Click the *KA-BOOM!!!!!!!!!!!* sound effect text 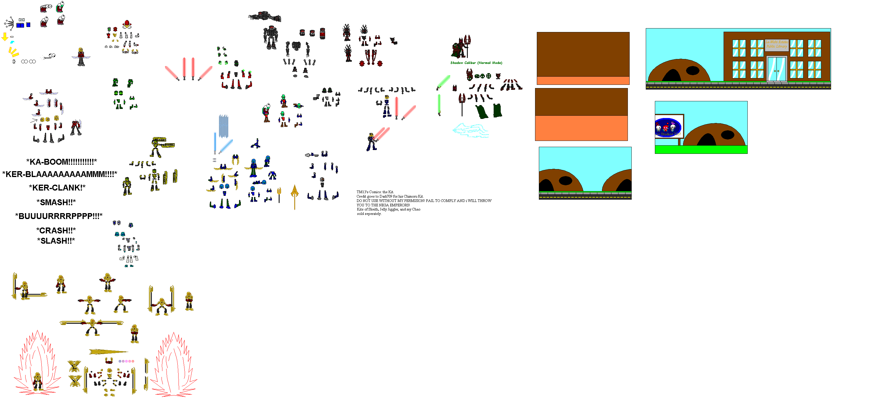[62, 162]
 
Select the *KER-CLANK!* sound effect [57, 188]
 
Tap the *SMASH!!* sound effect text [56, 203]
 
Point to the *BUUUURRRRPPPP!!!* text [59, 216]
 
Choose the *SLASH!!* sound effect [56, 241]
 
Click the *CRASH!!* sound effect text [56, 230]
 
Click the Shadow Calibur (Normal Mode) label [476, 63]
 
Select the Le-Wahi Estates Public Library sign [776, 44]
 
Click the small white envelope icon [21, 20]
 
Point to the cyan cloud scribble [470, 131]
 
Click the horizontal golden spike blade [108, 351]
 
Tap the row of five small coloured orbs [126, 361]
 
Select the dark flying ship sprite [265, 16]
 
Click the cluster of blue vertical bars [223, 126]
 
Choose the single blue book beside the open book [28, 25]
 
